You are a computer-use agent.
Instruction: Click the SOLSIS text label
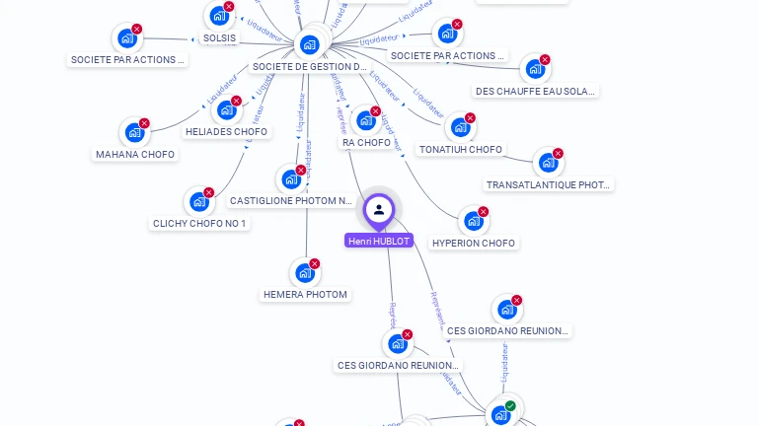click(219, 38)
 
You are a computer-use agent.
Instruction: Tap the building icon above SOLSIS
click(218, 16)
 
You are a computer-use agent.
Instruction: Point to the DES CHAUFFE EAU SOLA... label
click(536, 91)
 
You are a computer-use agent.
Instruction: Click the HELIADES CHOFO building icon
click(226, 109)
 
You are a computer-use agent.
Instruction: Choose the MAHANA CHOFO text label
click(135, 154)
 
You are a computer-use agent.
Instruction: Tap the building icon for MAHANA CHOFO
click(133, 132)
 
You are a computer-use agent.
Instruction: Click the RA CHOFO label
click(366, 143)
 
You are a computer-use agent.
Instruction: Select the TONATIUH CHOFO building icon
click(459, 127)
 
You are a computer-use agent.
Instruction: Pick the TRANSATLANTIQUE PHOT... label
click(549, 184)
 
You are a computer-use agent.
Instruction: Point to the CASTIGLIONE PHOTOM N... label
click(290, 201)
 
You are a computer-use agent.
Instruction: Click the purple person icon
click(379, 209)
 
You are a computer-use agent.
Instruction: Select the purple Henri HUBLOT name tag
click(379, 241)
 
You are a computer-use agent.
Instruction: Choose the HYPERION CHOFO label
click(474, 243)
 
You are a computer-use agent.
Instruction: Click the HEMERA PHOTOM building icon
click(304, 273)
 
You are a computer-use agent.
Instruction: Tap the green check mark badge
click(510, 405)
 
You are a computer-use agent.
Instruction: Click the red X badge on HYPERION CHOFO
click(484, 211)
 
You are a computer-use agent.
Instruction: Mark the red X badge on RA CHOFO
click(376, 110)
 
